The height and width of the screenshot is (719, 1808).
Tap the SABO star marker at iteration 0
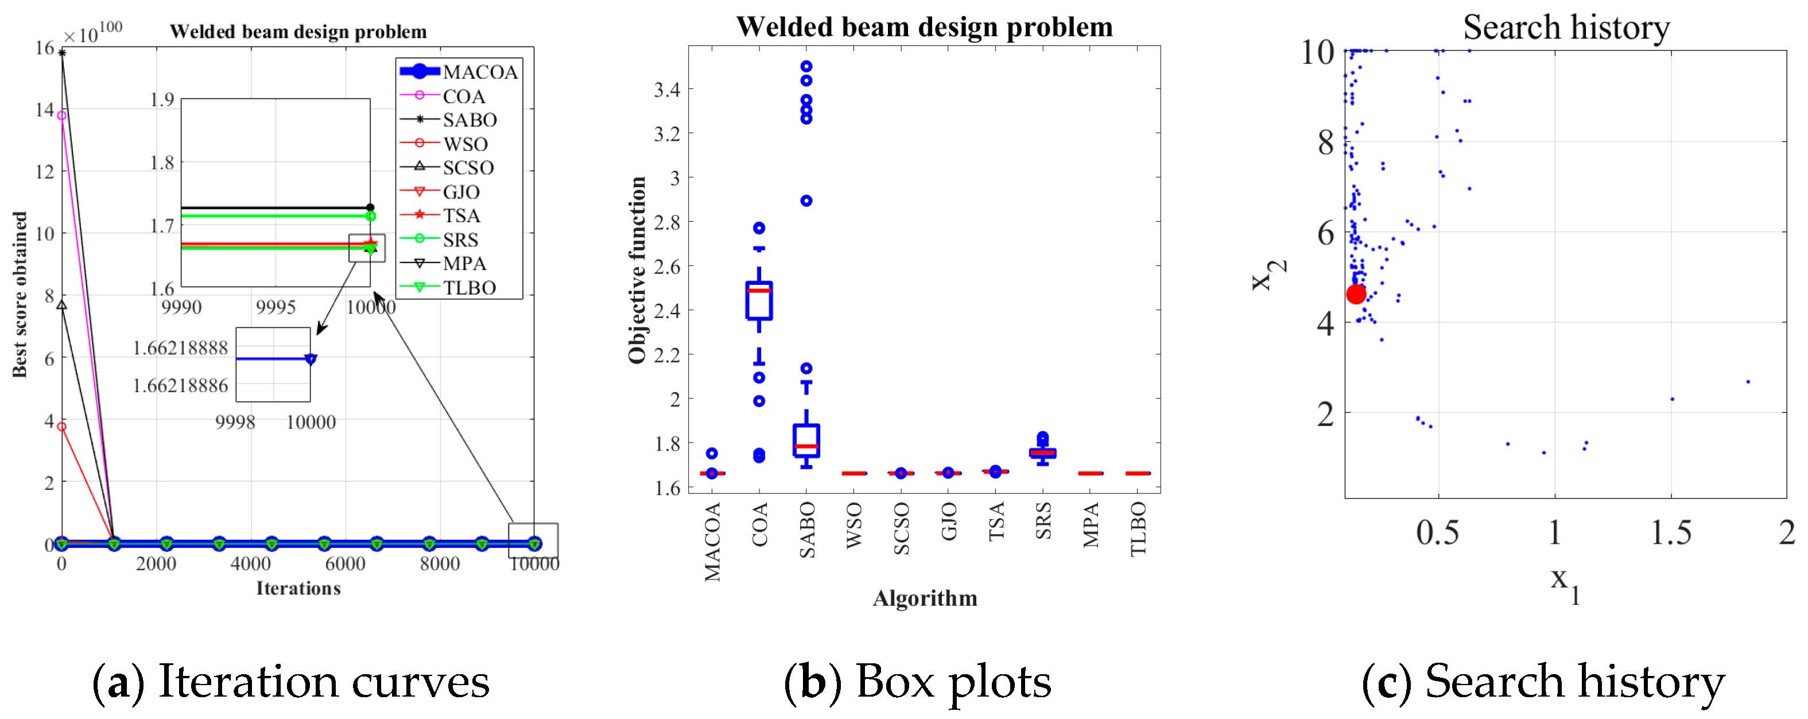62,53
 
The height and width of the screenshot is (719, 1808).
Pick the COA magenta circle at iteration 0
62,115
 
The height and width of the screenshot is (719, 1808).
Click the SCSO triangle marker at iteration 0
62,305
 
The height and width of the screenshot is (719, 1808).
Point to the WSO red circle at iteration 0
62,426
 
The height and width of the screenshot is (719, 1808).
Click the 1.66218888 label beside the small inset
180,347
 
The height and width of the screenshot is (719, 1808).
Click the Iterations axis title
298,589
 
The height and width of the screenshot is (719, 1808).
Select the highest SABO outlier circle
806,66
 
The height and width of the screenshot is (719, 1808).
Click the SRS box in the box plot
1042,453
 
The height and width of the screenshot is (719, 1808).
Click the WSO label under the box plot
854,525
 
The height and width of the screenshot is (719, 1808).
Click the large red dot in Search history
1356,294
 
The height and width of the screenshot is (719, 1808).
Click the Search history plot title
1566,28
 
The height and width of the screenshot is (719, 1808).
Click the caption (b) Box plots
917,681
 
